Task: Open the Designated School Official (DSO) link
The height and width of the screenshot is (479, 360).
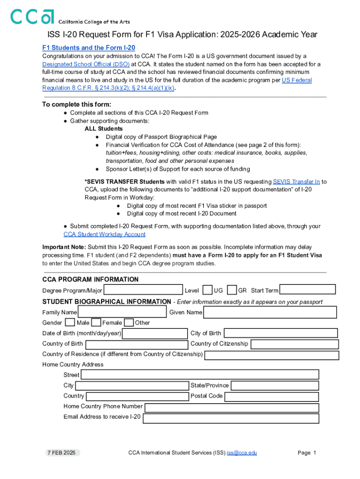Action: pos(86,64)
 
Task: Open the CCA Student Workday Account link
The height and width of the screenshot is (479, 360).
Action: pos(104,234)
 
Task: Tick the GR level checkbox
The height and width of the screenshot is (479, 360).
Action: pos(231,290)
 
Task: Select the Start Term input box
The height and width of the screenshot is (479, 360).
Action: pos(308,290)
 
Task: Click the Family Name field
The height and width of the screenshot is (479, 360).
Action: pos(122,312)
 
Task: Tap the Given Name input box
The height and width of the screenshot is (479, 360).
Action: pos(270,312)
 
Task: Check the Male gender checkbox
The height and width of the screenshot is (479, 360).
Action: pos(70,322)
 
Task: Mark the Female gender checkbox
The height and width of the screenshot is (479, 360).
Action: pos(96,322)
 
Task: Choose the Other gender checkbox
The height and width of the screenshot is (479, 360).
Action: pos(129,322)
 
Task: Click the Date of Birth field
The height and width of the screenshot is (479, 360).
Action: pos(155,333)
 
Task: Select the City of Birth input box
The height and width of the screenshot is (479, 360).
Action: pos(281,333)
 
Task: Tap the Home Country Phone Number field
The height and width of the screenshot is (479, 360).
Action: pos(231,406)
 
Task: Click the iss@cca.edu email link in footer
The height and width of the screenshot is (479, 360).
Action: pos(242,453)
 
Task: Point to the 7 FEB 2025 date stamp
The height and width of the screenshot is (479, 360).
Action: pos(60,453)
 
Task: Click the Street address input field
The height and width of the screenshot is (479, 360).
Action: pos(200,375)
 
